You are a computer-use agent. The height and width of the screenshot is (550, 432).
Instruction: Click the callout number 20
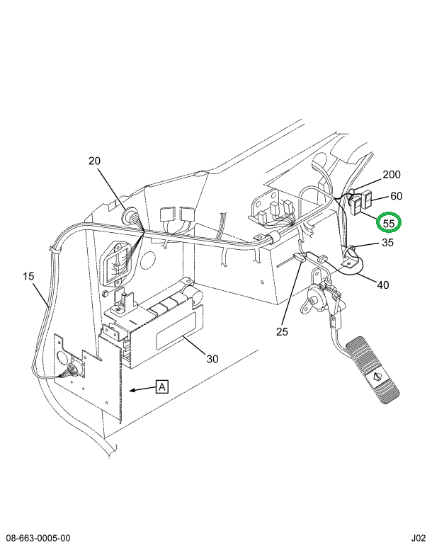coord(95,161)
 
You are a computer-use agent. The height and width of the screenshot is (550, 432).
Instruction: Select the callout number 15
coord(28,276)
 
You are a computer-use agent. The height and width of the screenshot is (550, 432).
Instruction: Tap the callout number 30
coord(212,358)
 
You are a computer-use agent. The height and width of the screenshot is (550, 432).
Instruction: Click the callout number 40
coord(382,285)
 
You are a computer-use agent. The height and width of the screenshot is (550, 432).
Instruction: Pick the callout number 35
coord(387,243)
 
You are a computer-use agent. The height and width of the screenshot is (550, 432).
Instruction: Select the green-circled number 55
coord(388,222)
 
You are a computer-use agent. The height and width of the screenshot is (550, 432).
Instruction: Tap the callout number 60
coord(396,196)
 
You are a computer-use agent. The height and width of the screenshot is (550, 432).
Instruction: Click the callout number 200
coord(391,175)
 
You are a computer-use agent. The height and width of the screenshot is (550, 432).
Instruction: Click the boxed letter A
coord(162,386)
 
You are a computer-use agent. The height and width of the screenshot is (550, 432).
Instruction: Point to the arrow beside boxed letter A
coord(143,388)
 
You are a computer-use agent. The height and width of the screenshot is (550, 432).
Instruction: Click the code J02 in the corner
coord(418,539)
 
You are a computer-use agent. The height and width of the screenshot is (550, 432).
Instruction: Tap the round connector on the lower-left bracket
coord(72,370)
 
